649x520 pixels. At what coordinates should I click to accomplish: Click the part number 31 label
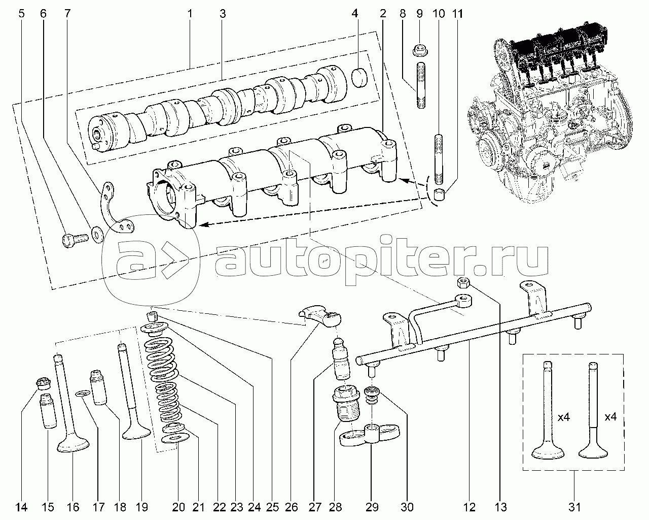coord(574,507)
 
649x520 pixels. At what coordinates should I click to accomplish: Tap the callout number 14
coord(21,507)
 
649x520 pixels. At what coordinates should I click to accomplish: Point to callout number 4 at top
coord(355,14)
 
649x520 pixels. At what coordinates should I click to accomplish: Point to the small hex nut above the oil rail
coord(462,282)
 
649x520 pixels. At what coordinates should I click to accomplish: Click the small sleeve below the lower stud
coord(439,195)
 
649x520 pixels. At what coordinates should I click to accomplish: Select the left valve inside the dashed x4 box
coord(546,411)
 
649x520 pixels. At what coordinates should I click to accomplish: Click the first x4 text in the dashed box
coord(564,417)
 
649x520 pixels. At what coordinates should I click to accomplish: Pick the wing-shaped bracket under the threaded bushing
coord(370,436)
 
